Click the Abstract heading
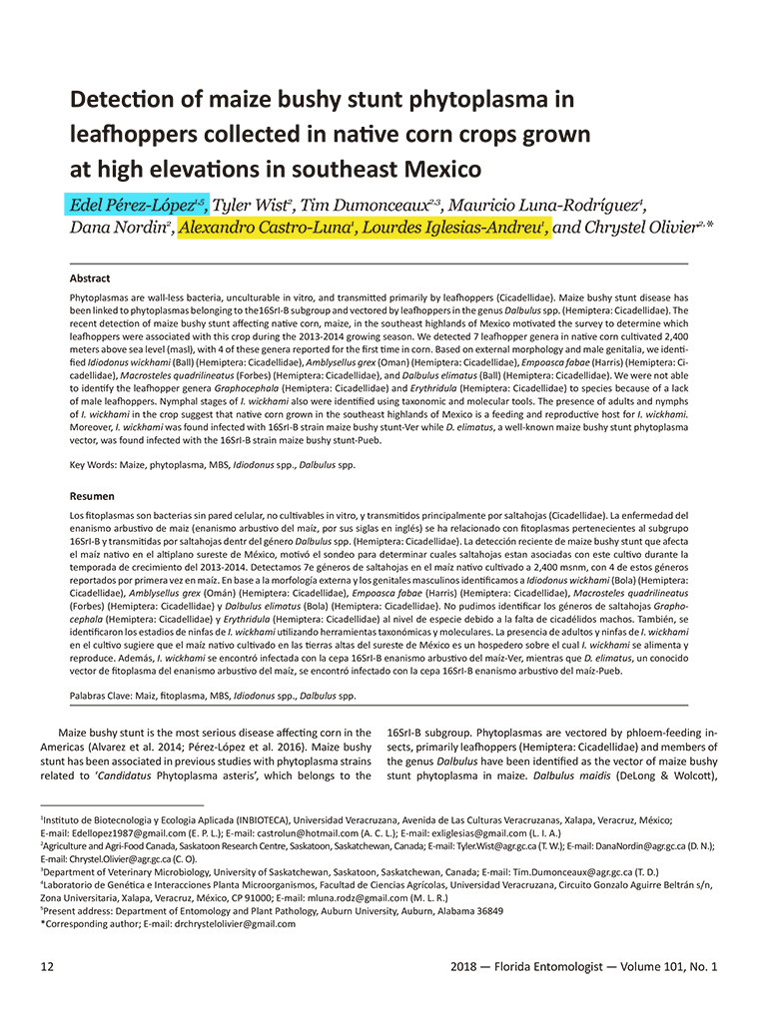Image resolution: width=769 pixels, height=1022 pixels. pos(90,278)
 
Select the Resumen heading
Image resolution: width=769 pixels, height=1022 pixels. pos(92,496)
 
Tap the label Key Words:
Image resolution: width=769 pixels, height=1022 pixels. pos(96,465)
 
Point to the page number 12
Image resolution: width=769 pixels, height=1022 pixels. pos(47,966)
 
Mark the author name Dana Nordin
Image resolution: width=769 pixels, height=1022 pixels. pos(120,229)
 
